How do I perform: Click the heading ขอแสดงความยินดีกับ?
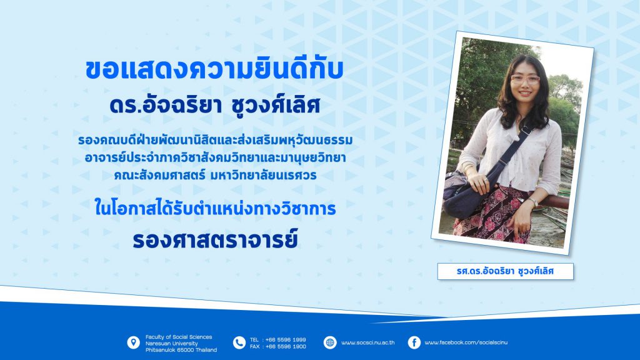pyautogui.click(x=214, y=70)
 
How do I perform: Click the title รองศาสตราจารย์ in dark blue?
pyautogui.click(x=215, y=239)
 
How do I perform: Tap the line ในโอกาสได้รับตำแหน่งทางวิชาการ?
pyautogui.click(x=215, y=207)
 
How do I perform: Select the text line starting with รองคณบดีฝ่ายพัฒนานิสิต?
pyautogui.click(x=216, y=140)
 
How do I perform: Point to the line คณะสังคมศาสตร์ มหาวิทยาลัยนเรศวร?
pyautogui.click(x=215, y=175)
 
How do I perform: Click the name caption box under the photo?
pyautogui.click(x=505, y=271)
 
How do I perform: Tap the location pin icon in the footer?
pyautogui.click(x=134, y=343)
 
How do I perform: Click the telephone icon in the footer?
pyautogui.click(x=239, y=343)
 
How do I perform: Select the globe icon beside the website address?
pyautogui.click(x=330, y=343)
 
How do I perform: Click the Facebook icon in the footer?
pyautogui.click(x=414, y=343)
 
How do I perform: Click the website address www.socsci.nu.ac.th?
pyautogui.click(x=367, y=343)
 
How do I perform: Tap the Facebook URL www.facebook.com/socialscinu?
pyautogui.click(x=466, y=343)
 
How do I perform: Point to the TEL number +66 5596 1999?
pyautogui.click(x=285, y=339)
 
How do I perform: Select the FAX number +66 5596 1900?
pyautogui.click(x=285, y=346)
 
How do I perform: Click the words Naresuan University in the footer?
pyautogui.click(x=171, y=343)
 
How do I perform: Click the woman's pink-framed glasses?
pyautogui.click(x=525, y=79)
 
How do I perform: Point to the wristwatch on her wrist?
pyautogui.click(x=533, y=202)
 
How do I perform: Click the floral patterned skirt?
pyautogui.click(x=492, y=214)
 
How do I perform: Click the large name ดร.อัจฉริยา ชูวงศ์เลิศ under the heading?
pyautogui.click(x=215, y=105)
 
